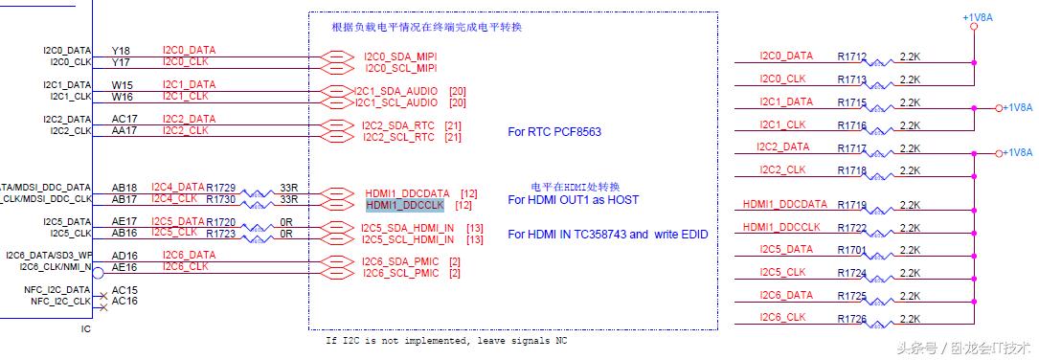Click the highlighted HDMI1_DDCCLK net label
coord(405,205)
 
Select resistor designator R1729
coord(220,187)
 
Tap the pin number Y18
coord(121,50)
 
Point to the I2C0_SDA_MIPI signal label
coord(400,56)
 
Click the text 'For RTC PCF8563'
coord(554,132)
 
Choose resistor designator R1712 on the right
coord(851,56)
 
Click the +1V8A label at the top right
coord(978,17)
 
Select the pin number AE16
coord(124,267)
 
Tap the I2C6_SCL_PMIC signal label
coord(400,274)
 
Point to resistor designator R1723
coord(220,233)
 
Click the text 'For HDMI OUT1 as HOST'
coord(573,199)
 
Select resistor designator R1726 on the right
coord(851,318)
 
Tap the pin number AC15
coord(124,289)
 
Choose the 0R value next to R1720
coord(286,221)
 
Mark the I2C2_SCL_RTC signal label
coord(398,137)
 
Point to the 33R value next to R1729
coord(288,187)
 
